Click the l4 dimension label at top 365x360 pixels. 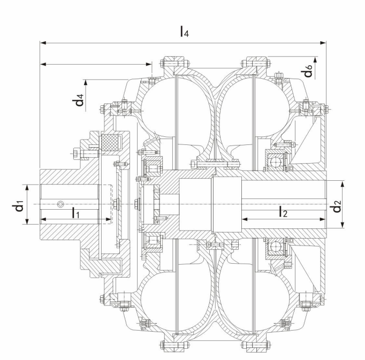(x=184, y=32)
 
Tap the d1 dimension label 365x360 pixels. (x=18, y=205)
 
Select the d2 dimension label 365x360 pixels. (x=337, y=206)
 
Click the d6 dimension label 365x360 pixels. (x=307, y=71)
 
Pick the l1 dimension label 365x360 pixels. (x=75, y=213)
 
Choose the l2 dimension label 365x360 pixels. (x=283, y=212)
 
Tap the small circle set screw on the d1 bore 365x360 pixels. (x=60, y=204)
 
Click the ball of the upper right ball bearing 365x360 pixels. (x=276, y=161)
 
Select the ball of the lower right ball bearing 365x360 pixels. (x=275, y=246)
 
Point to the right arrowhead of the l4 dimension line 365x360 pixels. (x=323, y=43)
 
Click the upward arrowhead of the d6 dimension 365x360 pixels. (x=315, y=59)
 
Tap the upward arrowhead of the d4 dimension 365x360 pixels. (x=86, y=83)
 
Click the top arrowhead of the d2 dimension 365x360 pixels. (x=343, y=183)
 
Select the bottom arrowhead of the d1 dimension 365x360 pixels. (x=27, y=221)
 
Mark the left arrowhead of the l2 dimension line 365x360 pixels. (x=245, y=219)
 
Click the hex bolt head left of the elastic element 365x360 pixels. (x=76, y=154)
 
